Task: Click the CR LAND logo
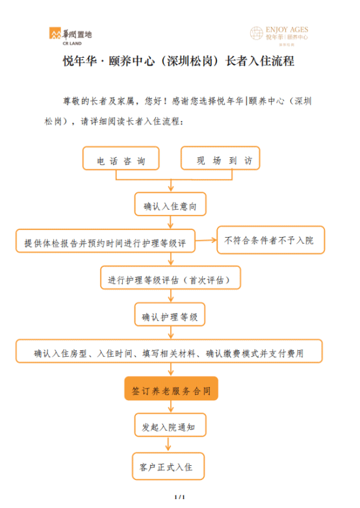tap(71, 36)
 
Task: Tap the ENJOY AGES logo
tap(279, 35)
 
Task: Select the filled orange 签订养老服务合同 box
tap(171, 388)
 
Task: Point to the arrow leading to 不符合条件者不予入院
tap(206, 240)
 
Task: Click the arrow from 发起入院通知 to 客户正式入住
tap(168, 444)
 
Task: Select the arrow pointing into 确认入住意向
tap(171, 186)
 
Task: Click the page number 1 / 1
tap(179, 497)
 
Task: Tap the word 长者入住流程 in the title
tap(260, 61)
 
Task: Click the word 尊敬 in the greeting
tap(71, 101)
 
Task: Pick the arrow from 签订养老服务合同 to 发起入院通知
tap(171, 407)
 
